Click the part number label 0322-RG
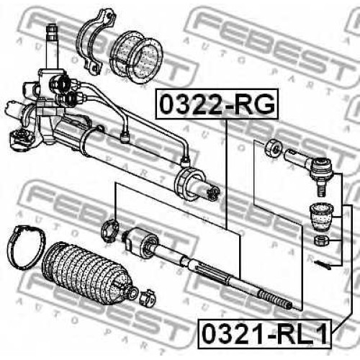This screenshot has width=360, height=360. (x=217, y=104)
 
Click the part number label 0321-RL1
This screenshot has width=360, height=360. (x=264, y=334)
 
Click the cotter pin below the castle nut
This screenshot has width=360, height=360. (x=322, y=264)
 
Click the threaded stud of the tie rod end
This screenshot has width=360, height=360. (x=322, y=188)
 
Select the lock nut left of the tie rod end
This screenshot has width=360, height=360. (x=274, y=149)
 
